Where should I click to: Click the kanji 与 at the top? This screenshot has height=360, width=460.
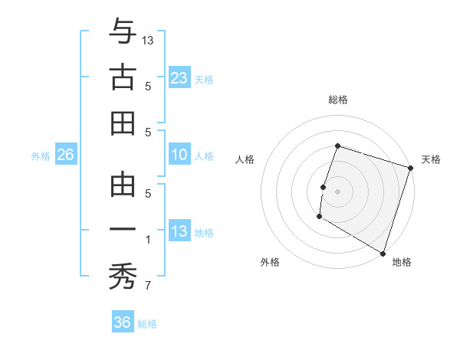coord(123,31)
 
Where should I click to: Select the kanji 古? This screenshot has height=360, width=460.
coord(123,77)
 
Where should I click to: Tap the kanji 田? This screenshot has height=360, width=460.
coord(123,123)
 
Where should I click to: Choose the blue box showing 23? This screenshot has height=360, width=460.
coord(179,77)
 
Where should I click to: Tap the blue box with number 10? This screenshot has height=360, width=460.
coord(179,155)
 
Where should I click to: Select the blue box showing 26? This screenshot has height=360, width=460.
coord(65,155)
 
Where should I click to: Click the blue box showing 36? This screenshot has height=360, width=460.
coord(123,322)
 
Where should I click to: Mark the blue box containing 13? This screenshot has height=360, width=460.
coord(179,231)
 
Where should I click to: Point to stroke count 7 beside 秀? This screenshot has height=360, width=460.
coord(147,286)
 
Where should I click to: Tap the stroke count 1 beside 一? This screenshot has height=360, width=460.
coord(147,240)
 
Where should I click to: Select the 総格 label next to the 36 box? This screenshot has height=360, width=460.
coord(148,324)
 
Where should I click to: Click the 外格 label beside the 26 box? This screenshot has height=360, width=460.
coord(41,156)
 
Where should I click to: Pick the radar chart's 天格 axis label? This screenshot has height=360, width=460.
coord(431,159)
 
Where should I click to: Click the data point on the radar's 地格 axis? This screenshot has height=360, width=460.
coord(382,252)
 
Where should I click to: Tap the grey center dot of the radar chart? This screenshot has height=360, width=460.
coord(337,191)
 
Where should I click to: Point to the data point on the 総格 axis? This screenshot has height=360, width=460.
coord(337,146)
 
